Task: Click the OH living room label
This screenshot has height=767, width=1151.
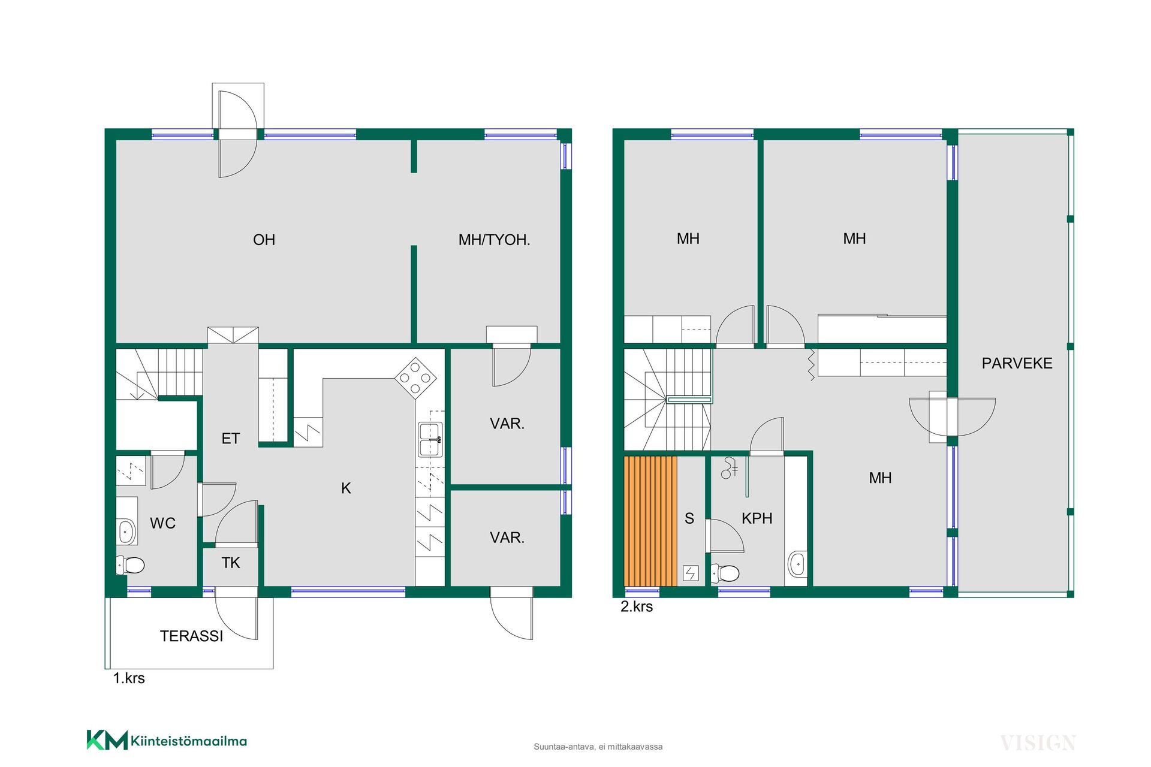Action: [x=264, y=240]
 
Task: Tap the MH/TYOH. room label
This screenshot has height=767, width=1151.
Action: [x=494, y=240]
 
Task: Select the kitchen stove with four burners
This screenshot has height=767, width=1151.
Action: [x=415, y=378]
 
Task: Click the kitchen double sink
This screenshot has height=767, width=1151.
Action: [x=430, y=439]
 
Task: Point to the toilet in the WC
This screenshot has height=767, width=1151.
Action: [x=130, y=565]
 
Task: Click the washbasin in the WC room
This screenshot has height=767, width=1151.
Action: [x=126, y=532]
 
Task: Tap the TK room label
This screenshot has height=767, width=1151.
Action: [x=231, y=563]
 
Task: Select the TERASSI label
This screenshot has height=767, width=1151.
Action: [x=191, y=636]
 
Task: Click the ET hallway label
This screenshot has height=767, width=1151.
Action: [x=231, y=439]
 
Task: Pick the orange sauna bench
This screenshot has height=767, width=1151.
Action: [x=650, y=521]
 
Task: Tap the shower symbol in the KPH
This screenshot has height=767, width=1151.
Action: [x=730, y=468]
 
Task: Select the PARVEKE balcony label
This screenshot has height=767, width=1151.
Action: [x=1017, y=363]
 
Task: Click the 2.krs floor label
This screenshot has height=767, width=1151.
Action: [x=637, y=606]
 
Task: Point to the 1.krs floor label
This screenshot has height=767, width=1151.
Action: [x=129, y=678]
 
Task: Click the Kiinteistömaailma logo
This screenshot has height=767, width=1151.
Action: [x=167, y=741]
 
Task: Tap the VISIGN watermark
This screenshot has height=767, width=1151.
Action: [x=1038, y=743]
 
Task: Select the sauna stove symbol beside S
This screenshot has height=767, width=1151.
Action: [x=691, y=573]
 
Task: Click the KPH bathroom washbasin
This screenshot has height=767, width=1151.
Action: [x=797, y=564]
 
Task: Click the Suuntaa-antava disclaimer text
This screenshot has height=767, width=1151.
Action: [x=598, y=747]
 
